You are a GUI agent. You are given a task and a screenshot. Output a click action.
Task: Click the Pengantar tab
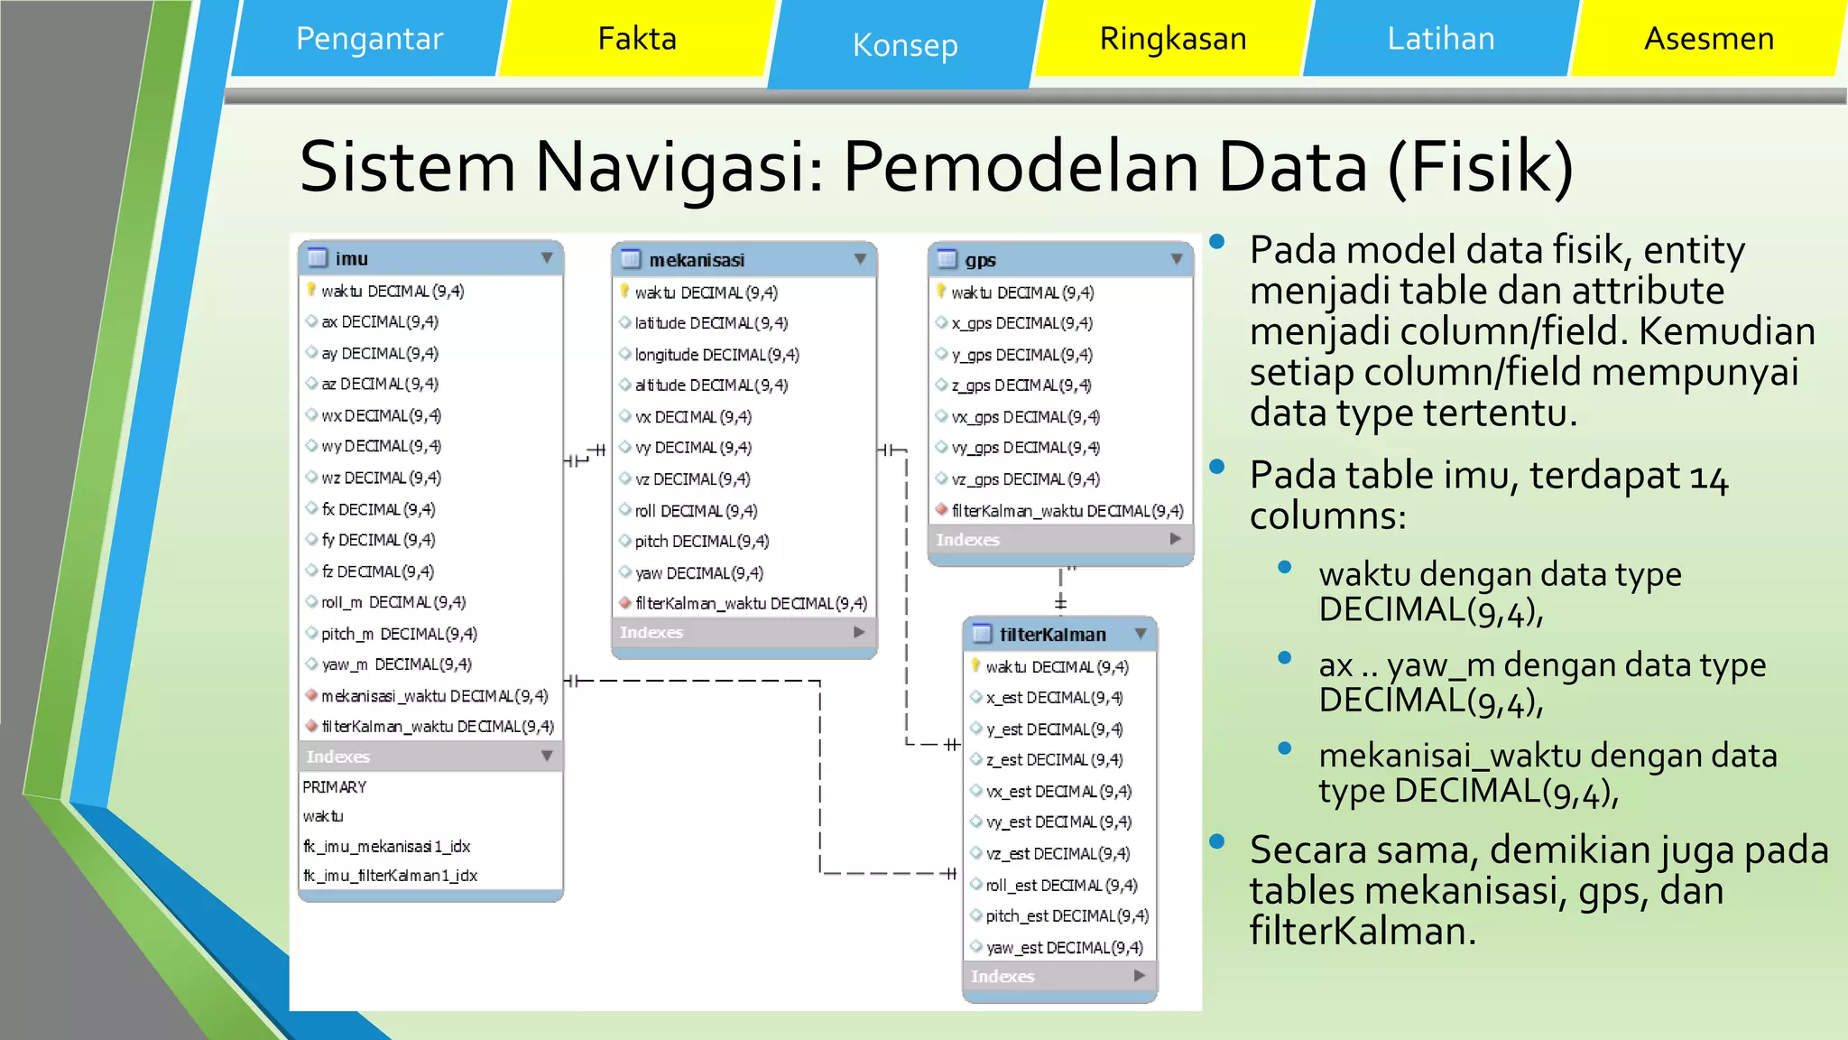coord(369,39)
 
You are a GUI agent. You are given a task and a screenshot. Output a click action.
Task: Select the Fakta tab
coord(637,39)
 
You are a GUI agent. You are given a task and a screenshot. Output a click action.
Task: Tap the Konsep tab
coord(905,44)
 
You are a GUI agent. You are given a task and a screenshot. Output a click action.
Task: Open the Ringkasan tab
coord(1173,39)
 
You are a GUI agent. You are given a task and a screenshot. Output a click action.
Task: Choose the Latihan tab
coord(1441,39)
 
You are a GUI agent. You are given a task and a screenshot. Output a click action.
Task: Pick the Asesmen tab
coord(1709,39)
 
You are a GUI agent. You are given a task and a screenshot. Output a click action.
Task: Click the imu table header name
coord(352,259)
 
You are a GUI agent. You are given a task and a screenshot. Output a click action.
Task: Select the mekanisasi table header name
coord(697,260)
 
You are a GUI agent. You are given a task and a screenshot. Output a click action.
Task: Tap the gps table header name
coord(981,260)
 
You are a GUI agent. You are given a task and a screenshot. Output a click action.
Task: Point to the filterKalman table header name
coord(1053,635)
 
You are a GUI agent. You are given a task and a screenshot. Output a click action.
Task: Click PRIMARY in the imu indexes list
coord(335,787)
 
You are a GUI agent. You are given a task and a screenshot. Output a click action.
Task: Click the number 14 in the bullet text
coord(1708,477)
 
